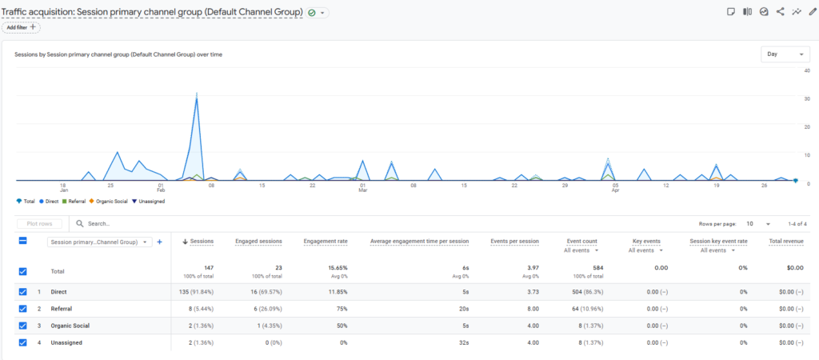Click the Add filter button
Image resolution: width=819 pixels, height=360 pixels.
tap(22, 27)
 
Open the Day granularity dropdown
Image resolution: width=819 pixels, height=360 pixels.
tap(785, 54)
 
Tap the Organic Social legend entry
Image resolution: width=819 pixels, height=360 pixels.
tap(108, 201)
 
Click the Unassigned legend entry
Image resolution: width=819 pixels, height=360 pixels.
tap(148, 201)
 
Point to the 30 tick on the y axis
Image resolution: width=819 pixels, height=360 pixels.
tap(807, 98)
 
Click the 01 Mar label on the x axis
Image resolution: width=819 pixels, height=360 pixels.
tap(362, 187)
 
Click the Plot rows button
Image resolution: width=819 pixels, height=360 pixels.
tap(39, 224)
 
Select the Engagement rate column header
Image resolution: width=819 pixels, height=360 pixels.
tap(326, 242)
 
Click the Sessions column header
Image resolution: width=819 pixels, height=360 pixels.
tap(198, 242)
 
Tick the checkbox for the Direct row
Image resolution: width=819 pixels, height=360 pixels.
tap(22, 291)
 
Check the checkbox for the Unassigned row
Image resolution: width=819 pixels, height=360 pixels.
tap(22, 342)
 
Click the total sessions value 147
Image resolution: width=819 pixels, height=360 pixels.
tap(208, 267)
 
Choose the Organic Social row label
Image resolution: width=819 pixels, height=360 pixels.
tap(70, 326)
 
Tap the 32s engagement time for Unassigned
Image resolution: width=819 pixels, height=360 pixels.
tap(465, 342)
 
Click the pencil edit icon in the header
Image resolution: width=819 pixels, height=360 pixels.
tap(813, 11)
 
